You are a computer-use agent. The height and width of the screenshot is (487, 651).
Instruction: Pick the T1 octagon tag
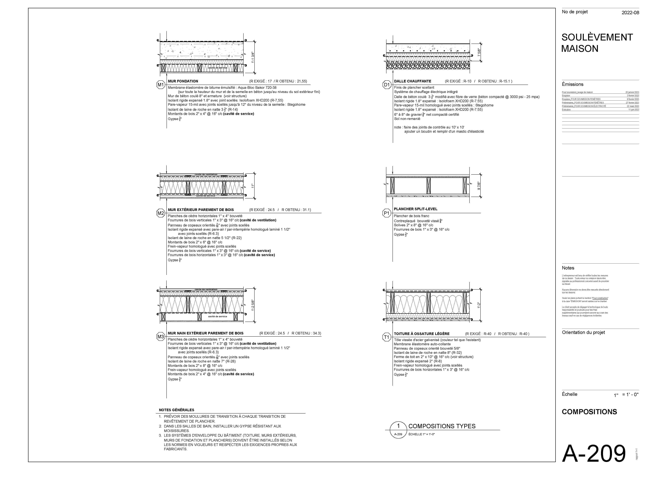(x=386, y=337)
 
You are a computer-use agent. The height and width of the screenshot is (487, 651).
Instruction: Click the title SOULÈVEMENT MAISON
(x=597, y=43)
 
